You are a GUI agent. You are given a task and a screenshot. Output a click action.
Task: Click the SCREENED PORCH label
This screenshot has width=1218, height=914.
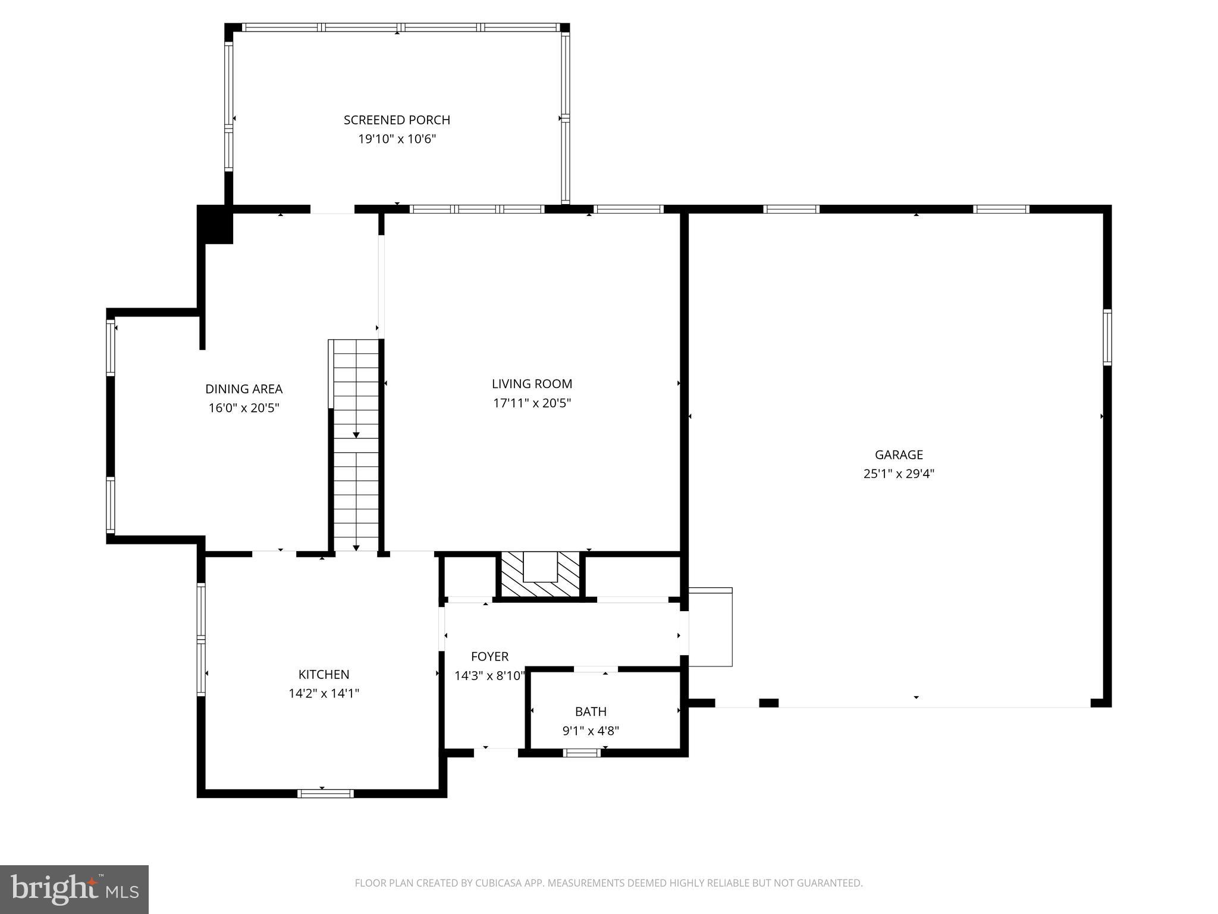pyautogui.click(x=397, y=120)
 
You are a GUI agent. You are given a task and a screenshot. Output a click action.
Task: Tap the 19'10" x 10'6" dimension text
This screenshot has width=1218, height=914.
pyautogui.click(x=397, y=139)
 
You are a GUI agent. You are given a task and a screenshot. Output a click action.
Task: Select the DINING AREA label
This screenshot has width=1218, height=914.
pyautogui.click(x=244, y=389)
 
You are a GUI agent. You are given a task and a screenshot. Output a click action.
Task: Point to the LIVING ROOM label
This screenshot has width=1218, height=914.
pyautogui.click(x=532, y=384)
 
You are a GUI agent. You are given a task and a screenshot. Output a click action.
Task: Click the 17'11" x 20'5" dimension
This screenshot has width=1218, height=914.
pyautogui.click(x=532, y=403)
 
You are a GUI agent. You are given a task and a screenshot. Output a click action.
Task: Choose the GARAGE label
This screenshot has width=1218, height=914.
pyautogui.click(x=899, y=455)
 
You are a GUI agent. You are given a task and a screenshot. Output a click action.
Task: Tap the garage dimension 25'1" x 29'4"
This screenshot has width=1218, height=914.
pyautogui.click(x=899, y=474)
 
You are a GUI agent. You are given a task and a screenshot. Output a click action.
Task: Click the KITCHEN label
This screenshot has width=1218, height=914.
pyautogui.click(x=324, y=674)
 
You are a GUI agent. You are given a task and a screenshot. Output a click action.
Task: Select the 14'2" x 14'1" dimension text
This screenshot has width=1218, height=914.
pyautogui.click(x=324, y=693)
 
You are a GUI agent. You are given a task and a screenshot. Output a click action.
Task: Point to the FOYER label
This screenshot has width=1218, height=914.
pyautogui.click(x=489, y=656)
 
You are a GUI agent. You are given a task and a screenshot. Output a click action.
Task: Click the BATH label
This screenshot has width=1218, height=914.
pyautogui.click(x=591, y=711)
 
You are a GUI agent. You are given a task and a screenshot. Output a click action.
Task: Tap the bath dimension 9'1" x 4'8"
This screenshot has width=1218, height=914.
pyautogui.click(x=591, y=731)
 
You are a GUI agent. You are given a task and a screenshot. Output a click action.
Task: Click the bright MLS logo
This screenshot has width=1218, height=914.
pyautogui.click(x=74, y=889)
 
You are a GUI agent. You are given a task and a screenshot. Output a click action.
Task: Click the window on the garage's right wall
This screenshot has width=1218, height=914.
pyautogui.click(x=1107, y=337)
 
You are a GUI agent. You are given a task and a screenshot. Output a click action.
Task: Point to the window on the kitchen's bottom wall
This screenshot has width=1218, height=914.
pyautogui.click(x=325, y=793)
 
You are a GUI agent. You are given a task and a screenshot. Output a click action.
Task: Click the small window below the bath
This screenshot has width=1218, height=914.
pyautogui.click(x=582, y=753)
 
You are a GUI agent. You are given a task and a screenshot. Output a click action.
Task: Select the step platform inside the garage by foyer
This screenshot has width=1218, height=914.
pyautogui.click(x=710, y=627)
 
